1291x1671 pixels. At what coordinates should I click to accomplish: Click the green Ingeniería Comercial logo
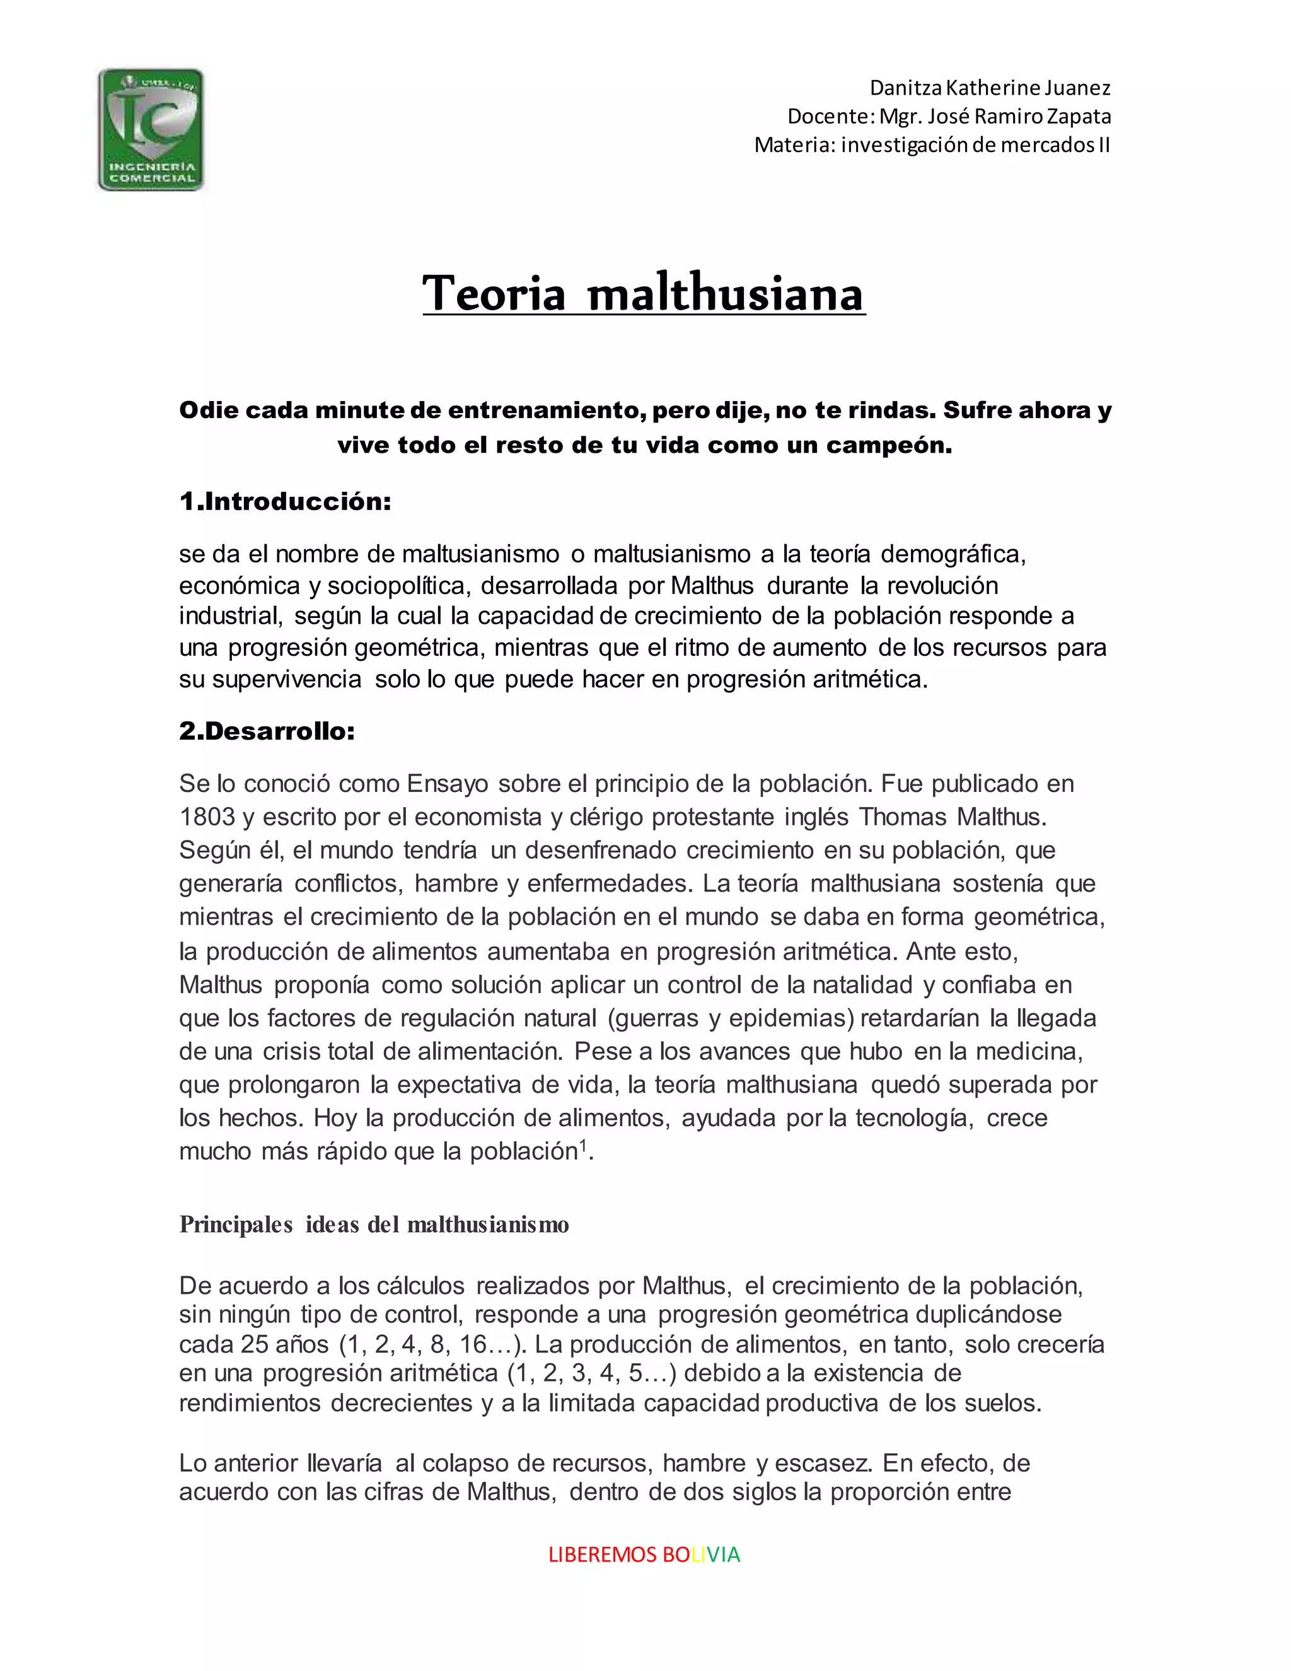(151, 129)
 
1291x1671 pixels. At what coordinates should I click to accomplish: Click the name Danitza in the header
(906, 88)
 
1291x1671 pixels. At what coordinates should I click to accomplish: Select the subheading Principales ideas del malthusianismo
(374, 1225)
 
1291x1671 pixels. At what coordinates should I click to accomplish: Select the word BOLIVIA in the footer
(702, 1555)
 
